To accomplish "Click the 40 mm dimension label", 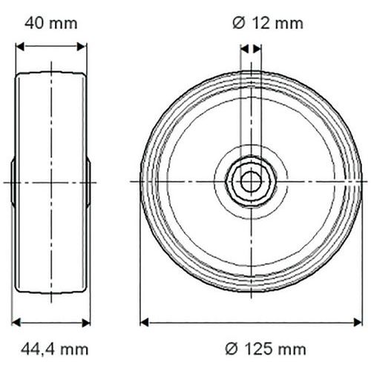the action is pyautogui.click(x=51, y=24).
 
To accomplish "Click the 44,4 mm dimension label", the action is pyautogui.click(x=54, y=349).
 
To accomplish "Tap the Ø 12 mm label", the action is pyautogui.click(x=268, y=24).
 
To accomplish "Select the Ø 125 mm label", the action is pyautogui.click(x=266, y=349).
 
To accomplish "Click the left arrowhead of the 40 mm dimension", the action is pyautogui.click(x=20, y=46).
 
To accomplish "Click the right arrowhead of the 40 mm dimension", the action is pyautogui.click(x=82, y=46).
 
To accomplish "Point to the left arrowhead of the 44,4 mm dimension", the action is pyautogui.click(x=16, y=323).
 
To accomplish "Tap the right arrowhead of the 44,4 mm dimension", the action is pyautogui.click(x=86, y=323).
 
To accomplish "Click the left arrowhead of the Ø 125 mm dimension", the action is pyautogui.click(x=144, y=323).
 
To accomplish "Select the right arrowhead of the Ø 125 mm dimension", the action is pyautogui.click(x=358, y=323).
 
